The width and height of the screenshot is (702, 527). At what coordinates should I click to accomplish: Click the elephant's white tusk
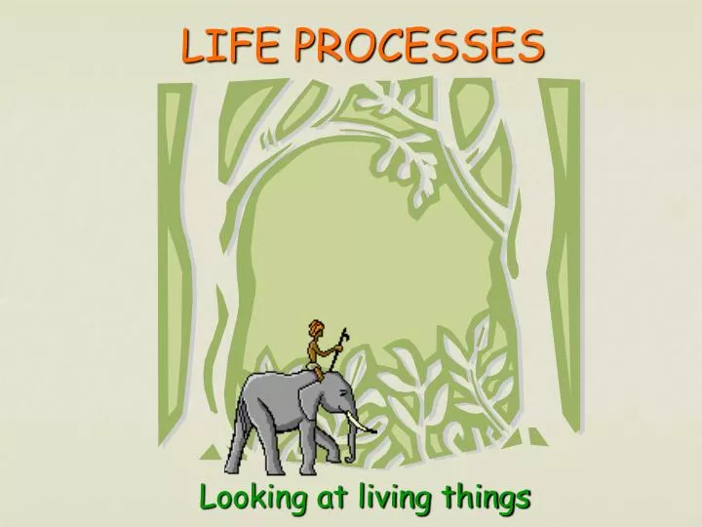[x=364, y=426]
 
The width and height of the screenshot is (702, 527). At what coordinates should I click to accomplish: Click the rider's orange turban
[x=313, y=326]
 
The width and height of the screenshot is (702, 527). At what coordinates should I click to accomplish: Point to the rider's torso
[x=316, y=348]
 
